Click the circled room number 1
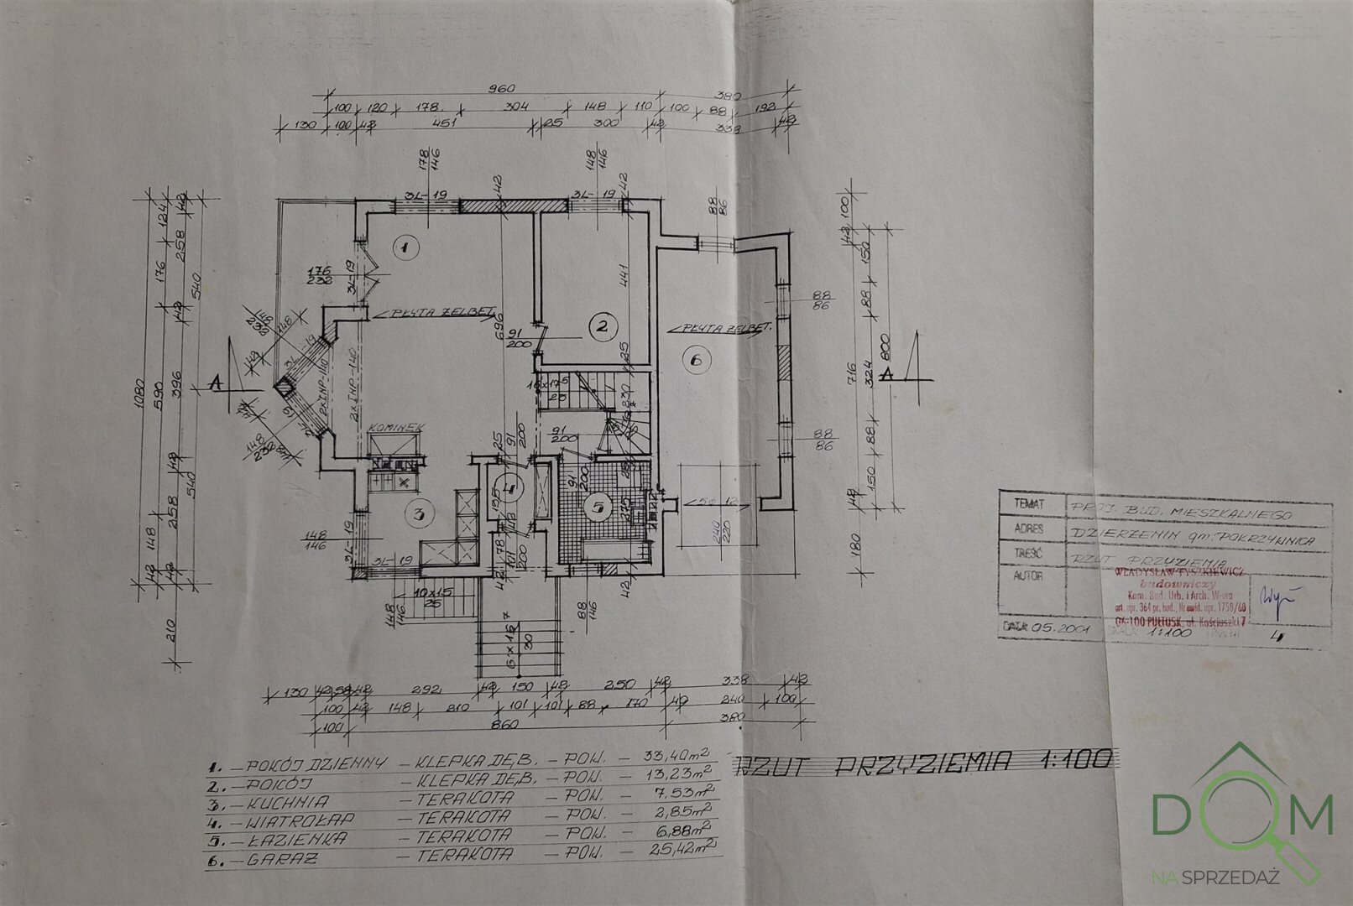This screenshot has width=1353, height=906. [x=404, y=247]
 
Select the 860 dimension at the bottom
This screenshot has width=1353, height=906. [x=504, y=723]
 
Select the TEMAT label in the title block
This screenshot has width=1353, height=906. [x=1028, y=504]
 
